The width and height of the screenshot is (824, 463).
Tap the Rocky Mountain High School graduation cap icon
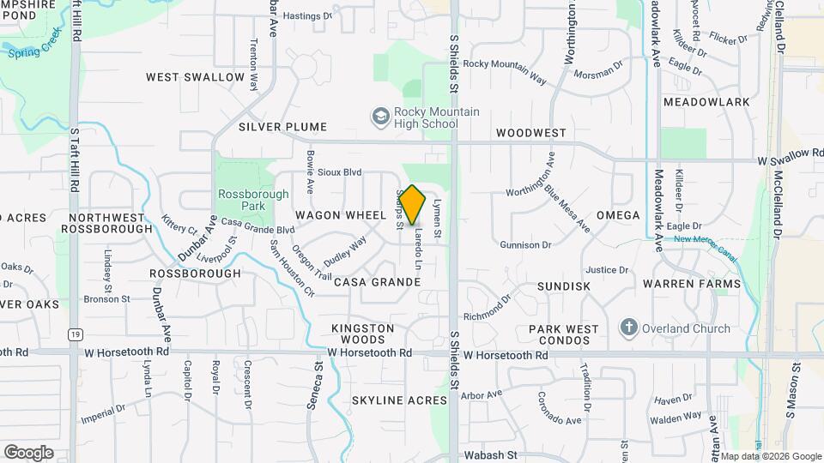tap(379, 116)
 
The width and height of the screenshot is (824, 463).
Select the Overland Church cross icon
tap(628, 328)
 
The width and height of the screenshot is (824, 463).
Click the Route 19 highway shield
tap(77, 334)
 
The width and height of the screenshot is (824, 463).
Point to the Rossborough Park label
tap(253, 200)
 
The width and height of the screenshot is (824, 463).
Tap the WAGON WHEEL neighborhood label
tap(330, 214)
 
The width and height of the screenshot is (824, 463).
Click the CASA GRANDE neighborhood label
tap(377, 282)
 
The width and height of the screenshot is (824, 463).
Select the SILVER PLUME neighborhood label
tap(282, 127)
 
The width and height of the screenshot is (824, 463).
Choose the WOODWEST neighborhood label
tap(531, 133)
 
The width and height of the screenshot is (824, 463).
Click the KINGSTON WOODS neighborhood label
tap(363, 334)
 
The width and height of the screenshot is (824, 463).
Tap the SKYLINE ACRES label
tap(399, 400)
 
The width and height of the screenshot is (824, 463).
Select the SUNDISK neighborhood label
tap(564, 286)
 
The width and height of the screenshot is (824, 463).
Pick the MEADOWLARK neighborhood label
tap(706, 102)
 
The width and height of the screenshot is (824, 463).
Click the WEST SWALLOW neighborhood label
tap(196, 77)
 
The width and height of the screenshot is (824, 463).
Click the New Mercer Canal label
tap(707, 241)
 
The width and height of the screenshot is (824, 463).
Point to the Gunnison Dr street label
tap(525, 245)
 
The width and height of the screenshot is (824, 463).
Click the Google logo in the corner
tap(28, 453)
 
